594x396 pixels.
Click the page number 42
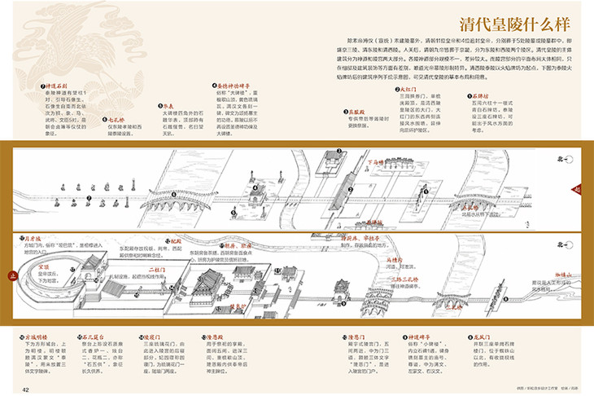pyautogui.click(x=27, y=389)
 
